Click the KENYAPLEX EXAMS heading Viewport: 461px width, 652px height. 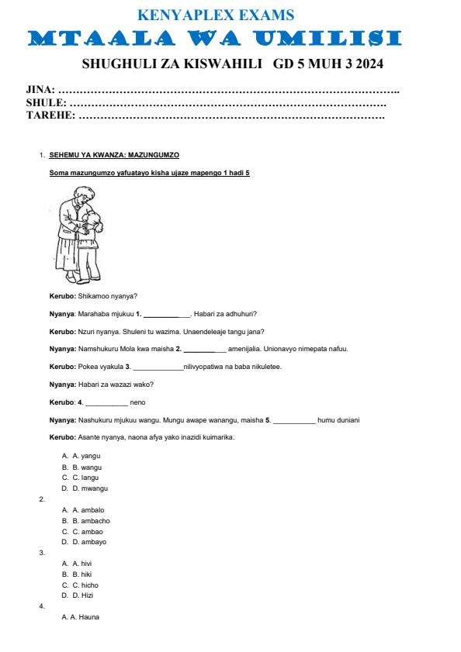(x=215, y=15)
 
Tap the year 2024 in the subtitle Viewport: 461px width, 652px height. (x=368, y=63)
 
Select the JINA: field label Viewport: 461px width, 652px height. (x=40, y=92)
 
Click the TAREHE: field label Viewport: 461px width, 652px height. (x=50, y=116)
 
